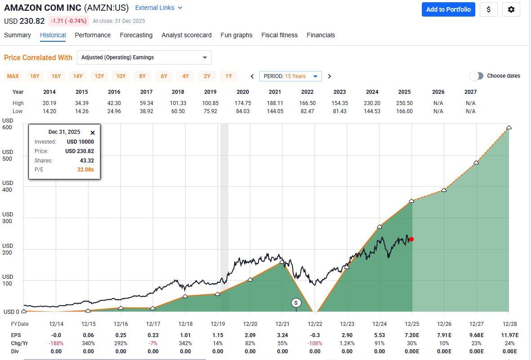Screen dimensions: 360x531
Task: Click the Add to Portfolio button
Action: point(448,9)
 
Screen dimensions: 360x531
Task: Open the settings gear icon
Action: point(511,9)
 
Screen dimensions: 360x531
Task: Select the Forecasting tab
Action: point(136,35)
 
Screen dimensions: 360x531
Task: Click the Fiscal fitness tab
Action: point(279,35)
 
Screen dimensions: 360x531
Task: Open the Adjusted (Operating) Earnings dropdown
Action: point(144,57)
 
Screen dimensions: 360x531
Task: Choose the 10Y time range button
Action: point(121,76)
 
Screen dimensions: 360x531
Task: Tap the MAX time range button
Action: point(13,76)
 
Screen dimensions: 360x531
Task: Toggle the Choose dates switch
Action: point(477,76)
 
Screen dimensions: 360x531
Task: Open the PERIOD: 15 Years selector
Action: point(291,76)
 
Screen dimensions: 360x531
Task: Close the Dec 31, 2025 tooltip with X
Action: point(93,132)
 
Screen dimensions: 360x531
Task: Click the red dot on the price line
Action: point(412,239)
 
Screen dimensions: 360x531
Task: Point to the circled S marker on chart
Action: point(296,303)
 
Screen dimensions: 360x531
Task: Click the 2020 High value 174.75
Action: point(243,103)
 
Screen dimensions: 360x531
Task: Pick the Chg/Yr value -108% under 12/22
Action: point(314,343)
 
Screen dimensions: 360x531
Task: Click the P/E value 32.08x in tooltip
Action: point(86,170)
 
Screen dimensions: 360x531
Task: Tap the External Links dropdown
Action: point(159,8)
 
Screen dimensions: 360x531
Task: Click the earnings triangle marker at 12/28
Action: point(509,127)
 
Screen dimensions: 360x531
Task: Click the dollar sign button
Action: point(488,9)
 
